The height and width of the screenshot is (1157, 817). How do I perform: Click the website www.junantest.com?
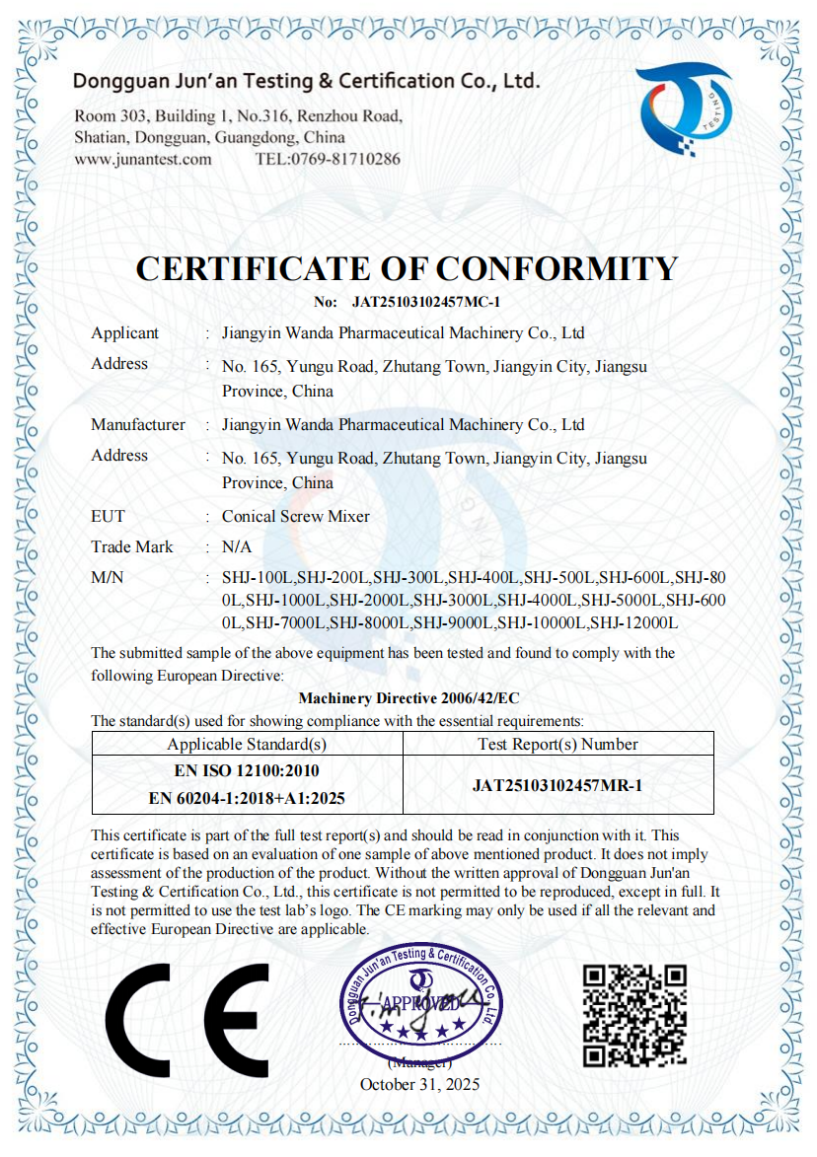coord(143,159)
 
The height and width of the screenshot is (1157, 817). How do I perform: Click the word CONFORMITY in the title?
coord(557,268)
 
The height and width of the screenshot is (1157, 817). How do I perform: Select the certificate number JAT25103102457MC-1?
coord(426,303)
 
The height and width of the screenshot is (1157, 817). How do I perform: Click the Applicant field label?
coord(124,333)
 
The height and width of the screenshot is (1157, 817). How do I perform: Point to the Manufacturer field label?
coord(138,425)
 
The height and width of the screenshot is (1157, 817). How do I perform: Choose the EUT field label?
coord(109,517)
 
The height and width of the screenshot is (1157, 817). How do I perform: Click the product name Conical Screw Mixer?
coord(296,517)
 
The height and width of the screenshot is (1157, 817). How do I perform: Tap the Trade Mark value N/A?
coord(237,547)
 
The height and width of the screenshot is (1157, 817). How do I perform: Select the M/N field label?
coord(108,578)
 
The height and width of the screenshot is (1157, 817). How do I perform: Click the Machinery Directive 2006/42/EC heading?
coord(408,698)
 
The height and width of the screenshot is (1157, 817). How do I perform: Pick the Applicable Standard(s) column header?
coord(247,745)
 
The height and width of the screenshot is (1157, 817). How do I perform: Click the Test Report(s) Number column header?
coord(557,745)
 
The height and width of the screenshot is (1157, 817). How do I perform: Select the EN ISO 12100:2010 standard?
coord(247,770)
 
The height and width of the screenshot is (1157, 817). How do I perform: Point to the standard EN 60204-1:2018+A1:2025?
coord(247,798)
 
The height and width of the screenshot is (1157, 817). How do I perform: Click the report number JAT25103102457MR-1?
coord(557,785)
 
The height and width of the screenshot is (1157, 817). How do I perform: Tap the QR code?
coord(634,1015)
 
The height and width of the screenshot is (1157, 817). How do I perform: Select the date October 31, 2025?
coord(419,1084)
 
